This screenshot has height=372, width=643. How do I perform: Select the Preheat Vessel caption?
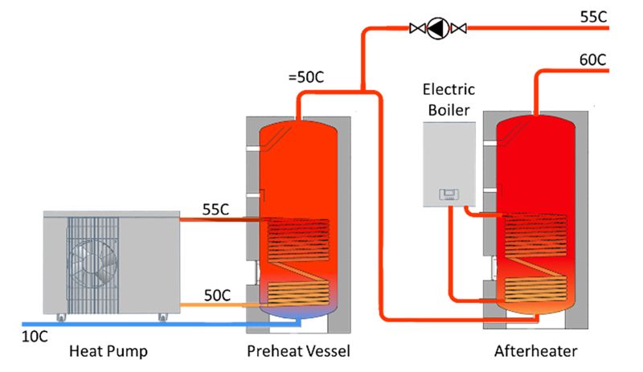298,351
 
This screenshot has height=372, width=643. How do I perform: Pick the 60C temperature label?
592,60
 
